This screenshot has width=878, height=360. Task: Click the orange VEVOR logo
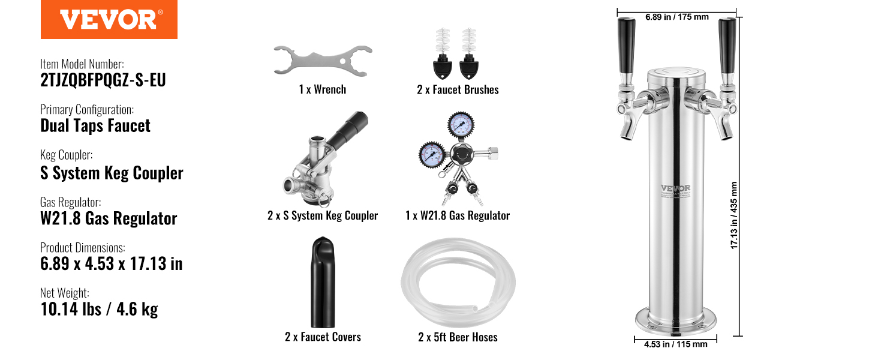coord(109,19)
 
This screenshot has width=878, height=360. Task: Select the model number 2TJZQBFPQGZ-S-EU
coord(103,80)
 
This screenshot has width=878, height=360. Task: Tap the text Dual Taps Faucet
coord(95,126)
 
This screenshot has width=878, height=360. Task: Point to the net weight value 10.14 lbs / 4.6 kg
coord(99,310)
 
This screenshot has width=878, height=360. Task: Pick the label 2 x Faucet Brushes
coord(458,90)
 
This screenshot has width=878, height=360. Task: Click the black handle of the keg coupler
coord(348,130)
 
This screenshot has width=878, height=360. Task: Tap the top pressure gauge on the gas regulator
coord(461,125)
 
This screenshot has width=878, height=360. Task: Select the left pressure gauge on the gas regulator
coord(432,154)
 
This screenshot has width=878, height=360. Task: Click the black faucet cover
coord(323,282)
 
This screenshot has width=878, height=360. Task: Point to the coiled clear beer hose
coord(458,283)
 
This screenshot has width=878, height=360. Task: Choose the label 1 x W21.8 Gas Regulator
coord(458,215)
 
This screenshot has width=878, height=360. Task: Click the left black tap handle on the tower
coord(626,46)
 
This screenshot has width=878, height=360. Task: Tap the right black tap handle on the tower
coord(727,46)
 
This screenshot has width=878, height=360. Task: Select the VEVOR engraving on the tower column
coord(675,188)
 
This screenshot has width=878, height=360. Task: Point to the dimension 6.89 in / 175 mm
coord(677,17)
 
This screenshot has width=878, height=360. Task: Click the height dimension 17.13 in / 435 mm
coord(733,215)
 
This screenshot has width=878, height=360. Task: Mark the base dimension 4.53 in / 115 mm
coord(676,344)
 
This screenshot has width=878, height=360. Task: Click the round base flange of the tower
coord(676,323)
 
